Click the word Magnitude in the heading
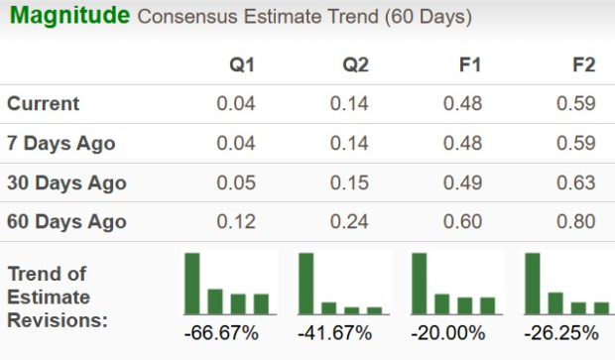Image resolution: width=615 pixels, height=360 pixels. point(68,16)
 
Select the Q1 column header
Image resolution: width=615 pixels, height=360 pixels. point(242,65)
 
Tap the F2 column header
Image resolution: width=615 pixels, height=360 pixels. point(583,65)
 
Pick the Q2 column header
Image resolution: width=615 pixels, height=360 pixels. point(356,65)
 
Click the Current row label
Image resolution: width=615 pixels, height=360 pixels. point(44,103)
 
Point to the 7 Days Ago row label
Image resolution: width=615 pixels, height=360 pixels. point(61,143)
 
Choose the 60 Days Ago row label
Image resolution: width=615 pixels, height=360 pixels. point(66,221)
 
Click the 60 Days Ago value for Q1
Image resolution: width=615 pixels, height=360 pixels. point(236,221)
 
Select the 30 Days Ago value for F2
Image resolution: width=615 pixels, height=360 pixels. point(576,182)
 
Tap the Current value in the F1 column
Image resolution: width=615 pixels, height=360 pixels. point(462,103)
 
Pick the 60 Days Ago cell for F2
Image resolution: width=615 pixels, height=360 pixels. point(576,221)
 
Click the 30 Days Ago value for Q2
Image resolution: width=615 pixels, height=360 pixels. point(349,182)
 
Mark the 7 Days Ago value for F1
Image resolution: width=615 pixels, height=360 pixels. point(462,143)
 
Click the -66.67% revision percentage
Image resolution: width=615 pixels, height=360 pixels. point(221,332)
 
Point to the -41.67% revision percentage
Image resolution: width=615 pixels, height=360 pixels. point(335,332)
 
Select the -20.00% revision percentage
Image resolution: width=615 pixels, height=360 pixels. point(449,332)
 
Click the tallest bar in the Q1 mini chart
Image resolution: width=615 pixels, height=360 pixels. point(192,283)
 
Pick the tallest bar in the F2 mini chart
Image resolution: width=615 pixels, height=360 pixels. point(533,283)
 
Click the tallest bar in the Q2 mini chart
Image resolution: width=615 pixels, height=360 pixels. point(307,283)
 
